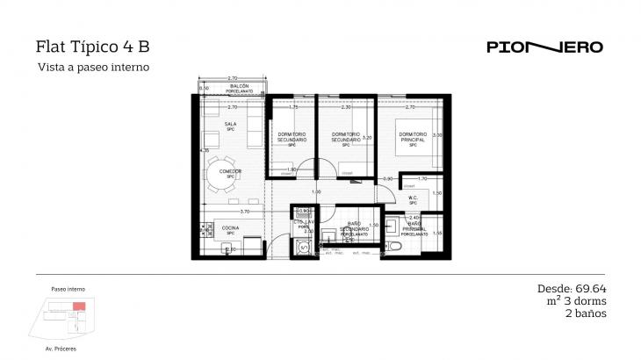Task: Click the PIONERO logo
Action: tap(544, 47)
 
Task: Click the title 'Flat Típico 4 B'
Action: tap(86, 47)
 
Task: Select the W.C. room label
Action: tap(413, 198)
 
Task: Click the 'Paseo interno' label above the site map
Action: tap(68, 289)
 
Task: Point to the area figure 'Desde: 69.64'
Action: tap(572, 288)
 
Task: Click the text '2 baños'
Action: tap(586, 313)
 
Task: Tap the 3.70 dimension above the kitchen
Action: tap(245, 212)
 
